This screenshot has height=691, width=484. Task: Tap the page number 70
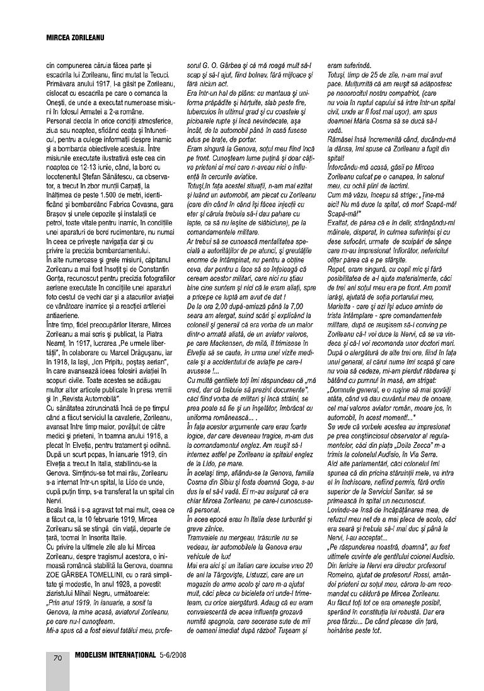coord(57,658)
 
